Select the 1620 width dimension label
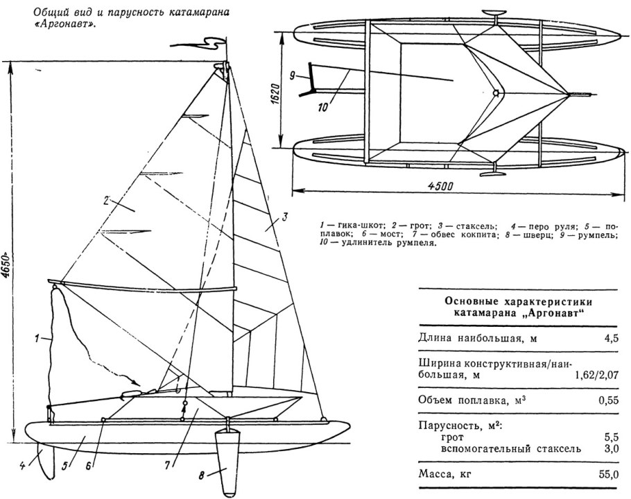pos(275,90)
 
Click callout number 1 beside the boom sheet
pos(37,339)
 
